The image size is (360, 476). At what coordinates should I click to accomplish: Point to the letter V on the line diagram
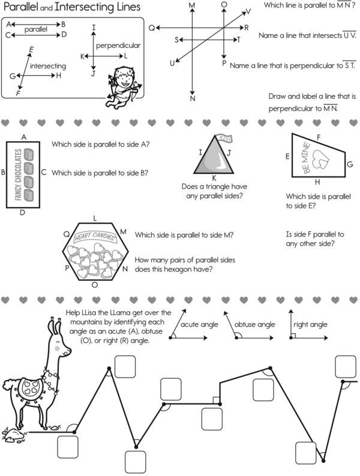(x=248, y=11)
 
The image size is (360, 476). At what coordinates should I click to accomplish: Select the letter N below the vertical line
(x=193, y=98)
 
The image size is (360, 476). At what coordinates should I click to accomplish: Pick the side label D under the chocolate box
(x=22, y=213)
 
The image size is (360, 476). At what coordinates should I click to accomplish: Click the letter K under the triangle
(x=214, y=178)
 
